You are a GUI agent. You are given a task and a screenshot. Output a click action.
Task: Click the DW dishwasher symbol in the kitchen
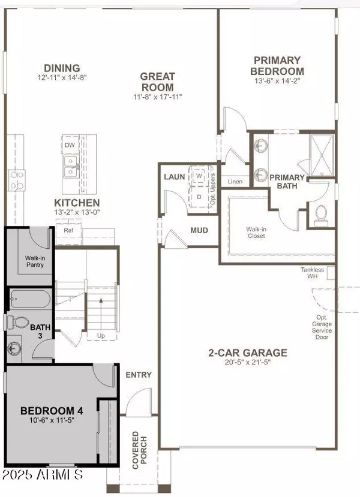pyautogui.click(x=70, y=144)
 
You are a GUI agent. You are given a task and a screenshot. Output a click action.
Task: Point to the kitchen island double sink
pyautogui.click(x=71, y=165)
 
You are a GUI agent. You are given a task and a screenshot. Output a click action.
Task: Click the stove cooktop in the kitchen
pyautogui.click(x=16, y=177)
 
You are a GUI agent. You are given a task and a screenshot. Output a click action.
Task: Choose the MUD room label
pyautogui.click(x=199, y=230)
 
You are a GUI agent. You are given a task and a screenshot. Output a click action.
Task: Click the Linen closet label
pyautogui.click(x=234, y=180)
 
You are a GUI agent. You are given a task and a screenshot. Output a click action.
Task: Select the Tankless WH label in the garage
pyautogui.click(x=312, y=273)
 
